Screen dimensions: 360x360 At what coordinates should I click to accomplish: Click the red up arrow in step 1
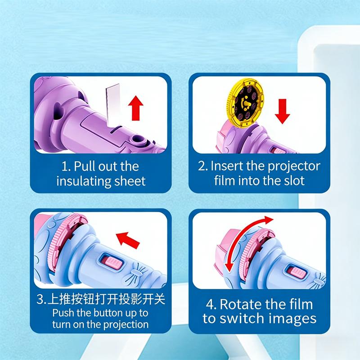pyautogui.click(x=136, y=108)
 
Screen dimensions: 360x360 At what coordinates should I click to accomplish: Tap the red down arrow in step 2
pyautogui.click(x=283, y=111)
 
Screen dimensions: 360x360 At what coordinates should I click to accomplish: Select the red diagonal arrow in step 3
pyautogui.click(x=128, y=240)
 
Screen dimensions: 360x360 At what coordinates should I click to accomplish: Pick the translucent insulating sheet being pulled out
pyautogui.click(x=113, y=104)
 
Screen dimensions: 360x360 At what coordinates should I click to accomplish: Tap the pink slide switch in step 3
pyautogui.click(x=112, y=263)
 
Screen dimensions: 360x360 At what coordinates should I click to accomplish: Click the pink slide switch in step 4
pyautogui.click(x=297, y=272)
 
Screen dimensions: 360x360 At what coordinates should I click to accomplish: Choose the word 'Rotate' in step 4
pyautogui.click(x=241, y=305)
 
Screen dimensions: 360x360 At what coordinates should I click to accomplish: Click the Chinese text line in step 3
pyautogui.click(x=101, y=299)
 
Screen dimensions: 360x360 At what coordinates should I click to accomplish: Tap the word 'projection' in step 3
pyautogui.click(x=126, y=325)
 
